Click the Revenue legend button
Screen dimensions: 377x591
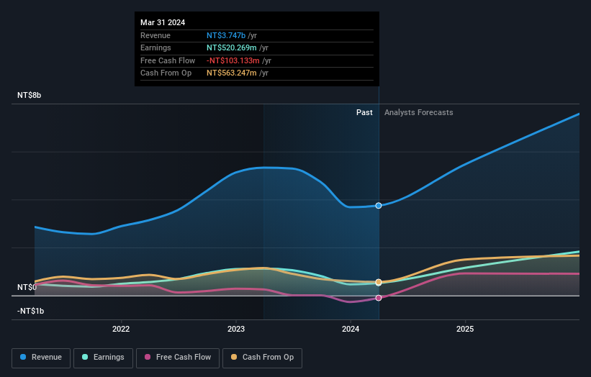point(41,358)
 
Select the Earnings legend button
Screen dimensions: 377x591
point(103,358)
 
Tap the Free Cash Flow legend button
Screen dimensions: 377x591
point(178,358)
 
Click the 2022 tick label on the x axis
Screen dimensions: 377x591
point(121,330)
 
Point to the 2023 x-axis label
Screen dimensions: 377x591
point(235,330)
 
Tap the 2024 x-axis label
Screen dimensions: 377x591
point(351,330)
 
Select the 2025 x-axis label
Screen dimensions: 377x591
point(465,330)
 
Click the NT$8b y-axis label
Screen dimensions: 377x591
point(30,96)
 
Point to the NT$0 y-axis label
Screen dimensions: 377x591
point(27,287)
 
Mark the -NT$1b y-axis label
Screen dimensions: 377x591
point(31,311)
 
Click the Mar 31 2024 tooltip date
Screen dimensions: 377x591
point(163,22)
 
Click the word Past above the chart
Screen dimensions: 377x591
point(364,112)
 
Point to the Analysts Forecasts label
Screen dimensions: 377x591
point(419,112)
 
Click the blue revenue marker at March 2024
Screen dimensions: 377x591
point(379,205)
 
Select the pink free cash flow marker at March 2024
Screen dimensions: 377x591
point(379,298)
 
